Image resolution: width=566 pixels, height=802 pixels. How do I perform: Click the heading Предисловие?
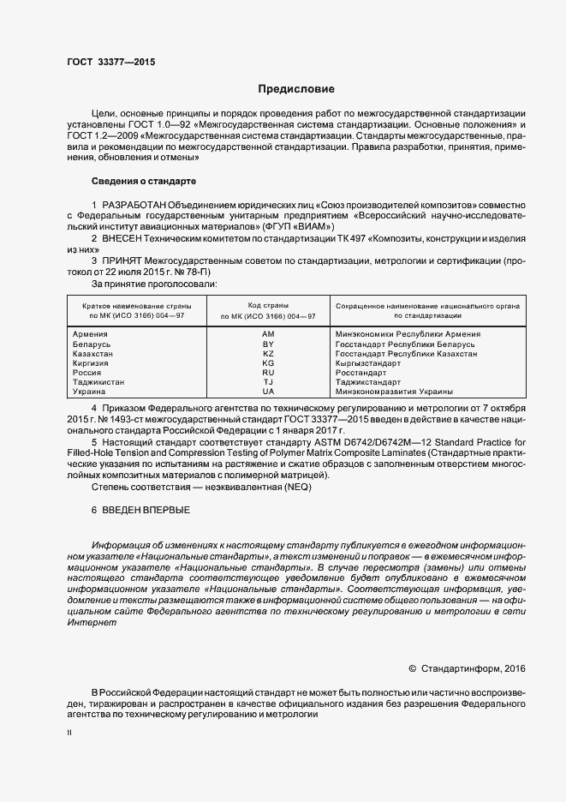[x=296, y=89]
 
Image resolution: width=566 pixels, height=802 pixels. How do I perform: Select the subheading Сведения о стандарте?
[x=144, y=182]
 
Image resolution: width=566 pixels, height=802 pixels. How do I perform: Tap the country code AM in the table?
[x=268, y=334]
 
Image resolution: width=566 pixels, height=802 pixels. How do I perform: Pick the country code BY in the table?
[x=268, y=344]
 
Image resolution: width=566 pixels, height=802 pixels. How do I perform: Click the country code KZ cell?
[x=268, y=353]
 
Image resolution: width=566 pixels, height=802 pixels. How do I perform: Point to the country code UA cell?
[x=268, y=391]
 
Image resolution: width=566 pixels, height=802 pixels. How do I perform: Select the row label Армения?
[x=91, y=334]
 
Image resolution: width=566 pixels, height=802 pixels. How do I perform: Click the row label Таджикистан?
[x=99, y=381]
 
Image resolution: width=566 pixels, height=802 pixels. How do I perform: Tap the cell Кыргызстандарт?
[x=368, y=362]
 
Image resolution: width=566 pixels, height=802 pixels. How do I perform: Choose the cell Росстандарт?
[x=361, y=372]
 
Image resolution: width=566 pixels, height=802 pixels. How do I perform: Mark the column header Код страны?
[x=268, y=305]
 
